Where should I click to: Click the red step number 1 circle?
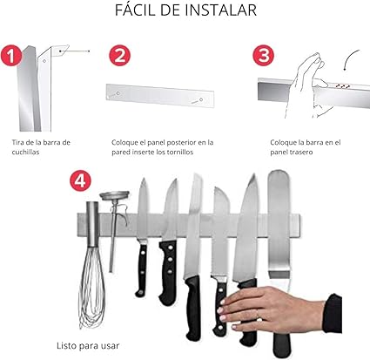[x=10, y=56]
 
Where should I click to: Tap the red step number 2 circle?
[x=119, y=56]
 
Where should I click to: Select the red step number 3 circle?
[x=263, y=56]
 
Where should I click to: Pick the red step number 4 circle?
[x=80, y=180]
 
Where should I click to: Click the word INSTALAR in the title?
[x=221, y=10]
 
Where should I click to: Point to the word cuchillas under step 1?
[x=25, y=152]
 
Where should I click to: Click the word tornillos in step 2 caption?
[x=180, y=152]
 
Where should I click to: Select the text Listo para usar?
[x=88, y=346]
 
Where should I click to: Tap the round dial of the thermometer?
[x=114, y=194]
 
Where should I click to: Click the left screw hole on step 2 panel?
[x=118, y=93]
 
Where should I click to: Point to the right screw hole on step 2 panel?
[x=201, y=100]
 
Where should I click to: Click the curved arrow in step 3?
[x=349, y=58]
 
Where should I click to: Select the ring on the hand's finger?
[x=258, y=314]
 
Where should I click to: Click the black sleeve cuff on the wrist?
[x=333, y=313]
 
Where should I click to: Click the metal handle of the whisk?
[x=93, y=224]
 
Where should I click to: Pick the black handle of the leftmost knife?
[x=142, y=270]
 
